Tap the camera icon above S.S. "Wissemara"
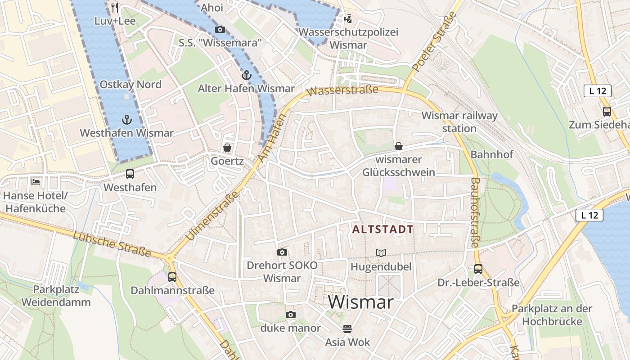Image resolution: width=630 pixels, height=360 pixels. pos(220,30)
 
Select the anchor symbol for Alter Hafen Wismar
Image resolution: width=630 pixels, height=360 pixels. pos(246,75)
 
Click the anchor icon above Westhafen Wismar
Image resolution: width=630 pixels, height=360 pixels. pos(126,120)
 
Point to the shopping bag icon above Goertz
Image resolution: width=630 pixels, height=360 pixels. pos(227,148)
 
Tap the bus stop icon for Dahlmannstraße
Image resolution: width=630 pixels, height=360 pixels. pos(172,277)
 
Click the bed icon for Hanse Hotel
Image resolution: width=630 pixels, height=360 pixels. pos(36,182)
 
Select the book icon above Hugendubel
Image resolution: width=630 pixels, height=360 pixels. pos(381,253)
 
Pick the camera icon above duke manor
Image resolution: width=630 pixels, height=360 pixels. pos(291,315)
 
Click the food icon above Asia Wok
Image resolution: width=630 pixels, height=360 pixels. pos(347,329)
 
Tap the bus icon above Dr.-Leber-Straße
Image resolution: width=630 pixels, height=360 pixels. pos(478,269)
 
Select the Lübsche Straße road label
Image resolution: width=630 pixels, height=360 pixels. pos(112,243)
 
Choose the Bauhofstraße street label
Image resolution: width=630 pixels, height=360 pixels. pos(475,212)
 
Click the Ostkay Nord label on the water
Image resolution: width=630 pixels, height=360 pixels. pos(130,85)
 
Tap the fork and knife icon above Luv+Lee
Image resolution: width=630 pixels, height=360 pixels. pos(115,7)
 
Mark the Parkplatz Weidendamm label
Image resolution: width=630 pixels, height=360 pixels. pos(56,296)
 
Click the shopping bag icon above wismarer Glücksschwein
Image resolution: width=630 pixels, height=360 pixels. pos(398,146)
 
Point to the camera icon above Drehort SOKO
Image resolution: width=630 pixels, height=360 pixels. pos(282,252)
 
